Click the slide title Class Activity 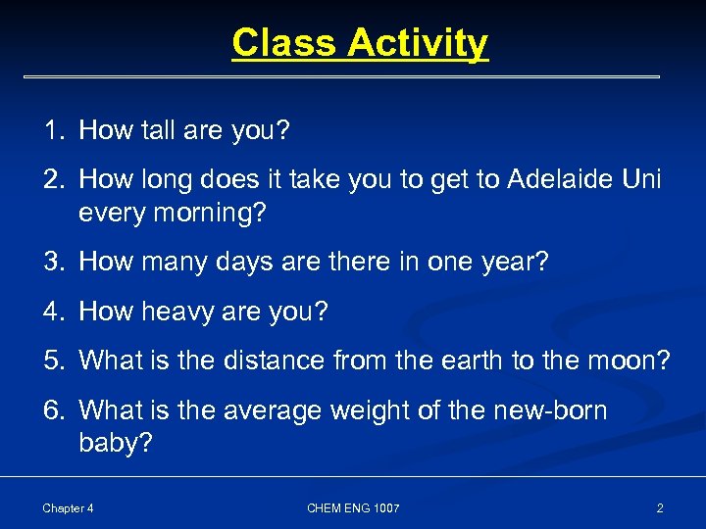359,43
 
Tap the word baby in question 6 110,444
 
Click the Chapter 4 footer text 68,507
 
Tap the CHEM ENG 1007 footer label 353,507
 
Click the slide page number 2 659,507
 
